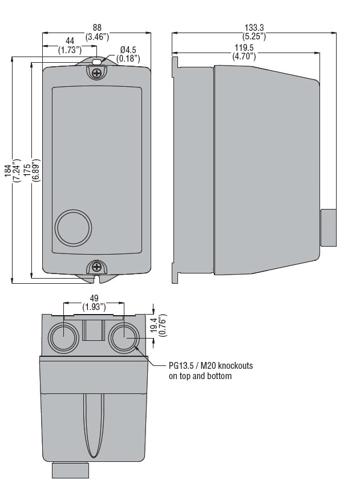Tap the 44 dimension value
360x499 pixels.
[x=70, y=41]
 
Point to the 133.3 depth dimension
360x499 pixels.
[x=255, y=27]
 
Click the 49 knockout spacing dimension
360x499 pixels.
[x=94, y=297]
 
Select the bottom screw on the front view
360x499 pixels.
[x=98, y=266]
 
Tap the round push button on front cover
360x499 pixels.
[x=73, y=228]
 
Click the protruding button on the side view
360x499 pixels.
[x=327, y=228]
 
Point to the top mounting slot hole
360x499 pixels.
[x=98, y=59]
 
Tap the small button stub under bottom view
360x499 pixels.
[x=71, y=469]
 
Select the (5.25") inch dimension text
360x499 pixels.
[x=255, y=36]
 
